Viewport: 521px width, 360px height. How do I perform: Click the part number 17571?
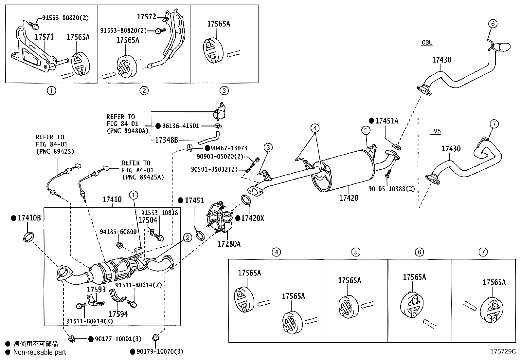44,37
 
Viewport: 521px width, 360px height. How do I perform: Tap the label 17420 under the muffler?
349,198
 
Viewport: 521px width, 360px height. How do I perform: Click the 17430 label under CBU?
441,60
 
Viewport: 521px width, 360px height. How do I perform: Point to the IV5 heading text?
436,131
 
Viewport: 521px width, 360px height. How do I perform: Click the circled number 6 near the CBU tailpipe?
493,24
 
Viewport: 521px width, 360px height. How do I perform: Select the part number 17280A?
229,244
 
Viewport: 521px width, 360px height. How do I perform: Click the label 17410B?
29,218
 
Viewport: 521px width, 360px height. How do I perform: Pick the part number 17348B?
166,140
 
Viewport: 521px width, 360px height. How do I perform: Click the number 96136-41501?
180,126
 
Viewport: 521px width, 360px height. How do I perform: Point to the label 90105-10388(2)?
391,189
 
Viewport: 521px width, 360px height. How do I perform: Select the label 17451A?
387,121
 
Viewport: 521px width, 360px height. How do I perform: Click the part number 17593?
96,290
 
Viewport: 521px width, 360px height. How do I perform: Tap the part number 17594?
118,314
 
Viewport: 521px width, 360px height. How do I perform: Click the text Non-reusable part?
40,352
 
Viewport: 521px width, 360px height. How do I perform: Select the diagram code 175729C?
503,351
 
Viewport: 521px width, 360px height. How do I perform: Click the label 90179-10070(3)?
160,352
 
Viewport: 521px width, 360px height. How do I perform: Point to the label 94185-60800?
118,232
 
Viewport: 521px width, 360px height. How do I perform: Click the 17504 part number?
148,220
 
